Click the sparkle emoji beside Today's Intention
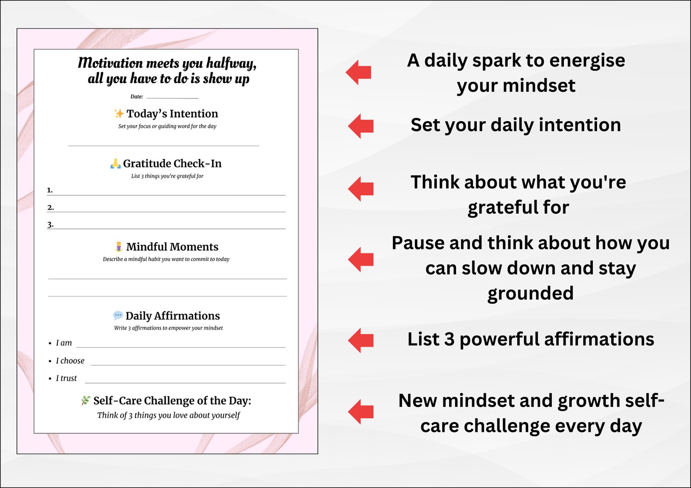119,113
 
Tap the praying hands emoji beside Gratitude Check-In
115,163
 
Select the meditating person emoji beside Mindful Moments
118,247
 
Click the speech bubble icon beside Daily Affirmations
118,315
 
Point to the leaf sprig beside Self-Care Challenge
85,401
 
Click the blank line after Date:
172,99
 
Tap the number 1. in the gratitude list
50,190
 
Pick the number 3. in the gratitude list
50,224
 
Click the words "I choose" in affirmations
70,360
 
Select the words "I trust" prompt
66,378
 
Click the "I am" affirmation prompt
64,343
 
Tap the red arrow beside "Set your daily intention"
361,126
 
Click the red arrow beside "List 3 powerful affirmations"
361,340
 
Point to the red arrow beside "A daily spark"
358,72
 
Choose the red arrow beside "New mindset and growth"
361,412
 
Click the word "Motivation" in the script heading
110,63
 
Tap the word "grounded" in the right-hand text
531,293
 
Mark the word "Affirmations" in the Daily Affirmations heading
187,316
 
